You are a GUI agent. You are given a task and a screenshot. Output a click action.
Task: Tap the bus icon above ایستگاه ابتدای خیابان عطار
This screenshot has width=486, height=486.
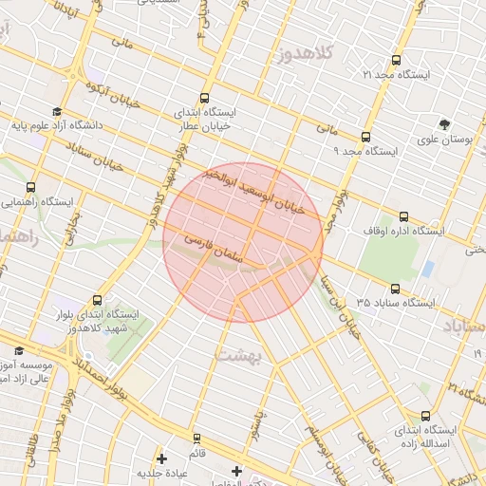click(x=205, y=97)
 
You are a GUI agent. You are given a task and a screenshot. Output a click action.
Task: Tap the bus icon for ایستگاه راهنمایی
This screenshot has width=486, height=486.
click(x=31, y=187)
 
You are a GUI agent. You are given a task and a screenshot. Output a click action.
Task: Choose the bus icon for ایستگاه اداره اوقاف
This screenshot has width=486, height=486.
click(x=405, y=216)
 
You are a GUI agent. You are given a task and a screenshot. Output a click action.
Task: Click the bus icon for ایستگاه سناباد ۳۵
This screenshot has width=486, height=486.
click(x=395, y=289)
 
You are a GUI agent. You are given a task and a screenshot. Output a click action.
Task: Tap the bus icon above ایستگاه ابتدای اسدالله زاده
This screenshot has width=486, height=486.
click(x=424, y=415)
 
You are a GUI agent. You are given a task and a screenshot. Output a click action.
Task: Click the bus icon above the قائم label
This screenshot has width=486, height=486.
click(x=197, y=439)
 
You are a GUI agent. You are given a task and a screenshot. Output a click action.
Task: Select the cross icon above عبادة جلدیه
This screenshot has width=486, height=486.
click(x=162, y=459)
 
